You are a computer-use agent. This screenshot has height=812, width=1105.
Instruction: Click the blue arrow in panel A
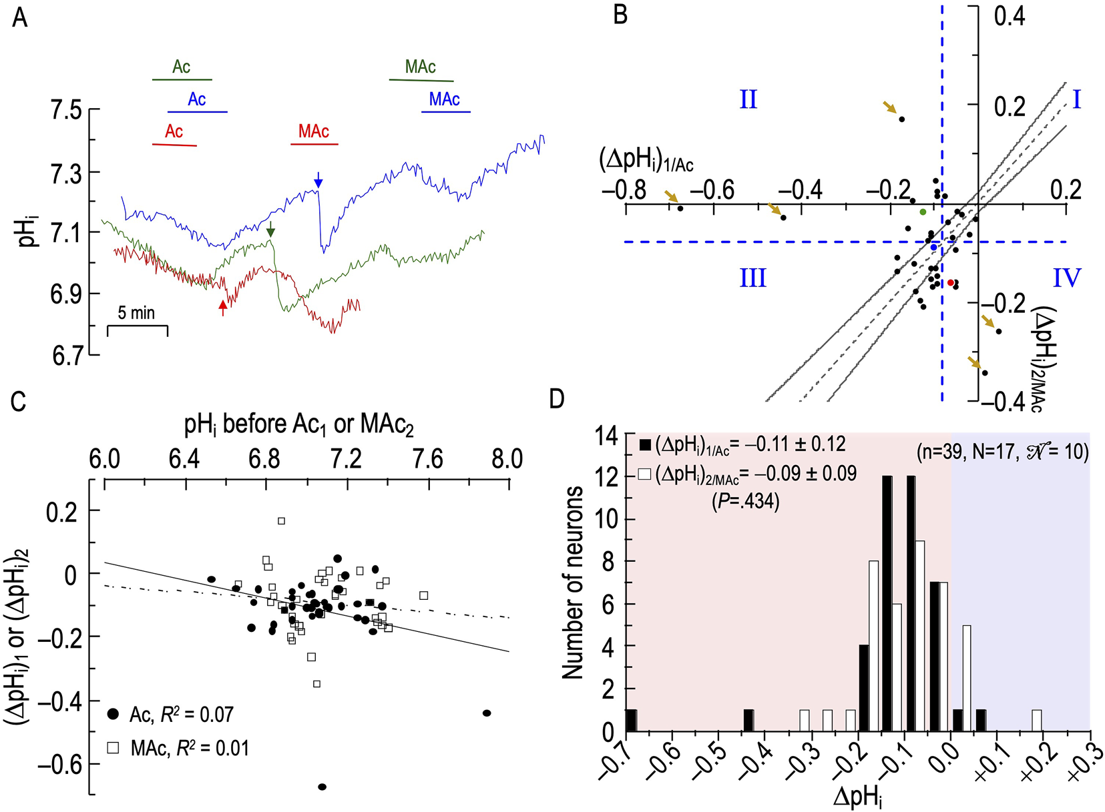coord(318,179)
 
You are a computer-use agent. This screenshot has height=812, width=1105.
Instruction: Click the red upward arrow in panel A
coord(223,307)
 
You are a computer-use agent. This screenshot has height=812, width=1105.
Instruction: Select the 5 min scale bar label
coord(136,312)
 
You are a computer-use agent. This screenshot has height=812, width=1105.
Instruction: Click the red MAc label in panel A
coord(314,131)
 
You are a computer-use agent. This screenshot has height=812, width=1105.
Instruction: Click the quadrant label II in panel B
coord(748,100)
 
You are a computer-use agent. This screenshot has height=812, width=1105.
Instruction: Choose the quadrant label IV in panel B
coord(1066,278)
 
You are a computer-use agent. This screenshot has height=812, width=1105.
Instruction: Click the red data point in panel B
coord(951,283)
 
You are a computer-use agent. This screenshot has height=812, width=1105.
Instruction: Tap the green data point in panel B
coord(923,212)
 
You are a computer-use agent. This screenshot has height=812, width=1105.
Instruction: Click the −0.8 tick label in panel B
coord(624,190)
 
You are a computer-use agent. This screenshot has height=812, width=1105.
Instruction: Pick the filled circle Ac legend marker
coord(114,715)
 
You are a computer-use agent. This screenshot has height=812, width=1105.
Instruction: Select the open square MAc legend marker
coord(114,748)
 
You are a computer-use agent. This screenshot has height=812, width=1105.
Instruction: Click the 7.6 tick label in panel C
coord(427,459)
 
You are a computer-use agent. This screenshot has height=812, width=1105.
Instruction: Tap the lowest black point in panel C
coord(322,787)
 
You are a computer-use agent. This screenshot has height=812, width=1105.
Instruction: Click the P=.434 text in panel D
coord(746,501)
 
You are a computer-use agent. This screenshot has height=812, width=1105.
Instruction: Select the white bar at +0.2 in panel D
coord(1036,721)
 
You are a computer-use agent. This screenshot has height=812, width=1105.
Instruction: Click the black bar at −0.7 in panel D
coord(631,721)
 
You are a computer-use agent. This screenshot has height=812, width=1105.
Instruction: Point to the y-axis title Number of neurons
coord(573,583)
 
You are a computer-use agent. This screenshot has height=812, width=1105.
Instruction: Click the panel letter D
coord(556,399)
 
